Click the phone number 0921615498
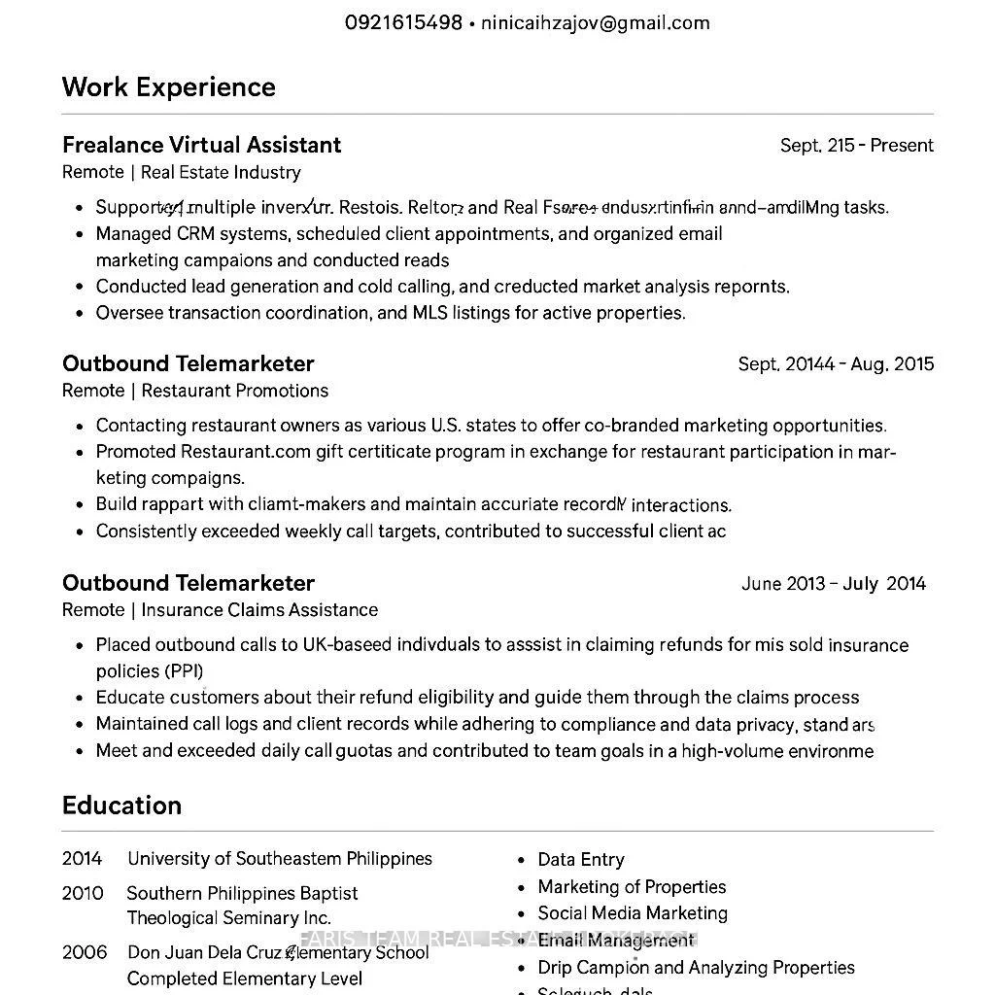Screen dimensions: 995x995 pyautogui.click(x=403, y=22)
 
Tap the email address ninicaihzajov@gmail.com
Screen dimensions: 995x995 pyautogui.click(x=595, y=22)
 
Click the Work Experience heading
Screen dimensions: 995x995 pyautogui.click(x=169, y=87)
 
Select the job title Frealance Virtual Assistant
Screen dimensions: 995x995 pyautogui.click(x=201, y=145)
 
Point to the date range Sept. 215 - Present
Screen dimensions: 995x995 pyautogui.click(x=856, y=146)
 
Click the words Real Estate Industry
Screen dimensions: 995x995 pyautogui.click(x=221, y=172)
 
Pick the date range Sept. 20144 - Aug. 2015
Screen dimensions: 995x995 pyautogui.click(x=836, y=364)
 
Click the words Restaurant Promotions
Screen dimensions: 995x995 pyautogui.click(x=234, y=391)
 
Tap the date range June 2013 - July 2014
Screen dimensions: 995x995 pyautogui.click(x=833, y=584)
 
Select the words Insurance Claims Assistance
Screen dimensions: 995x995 pyautogui.click(x=259, y=610)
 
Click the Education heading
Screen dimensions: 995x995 pyautogui.click(x=121, y=806)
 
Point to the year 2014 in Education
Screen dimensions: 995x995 pyautogui.click(x=82, y=859)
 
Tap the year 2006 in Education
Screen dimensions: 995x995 pyautogui.click(x=84, y=952)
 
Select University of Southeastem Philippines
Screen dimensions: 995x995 pyautogui.click(x=280, y=859)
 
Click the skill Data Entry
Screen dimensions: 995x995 pyautogui.click(x=581, y=860)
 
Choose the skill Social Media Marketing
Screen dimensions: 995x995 pyautogui.click(x=633, y=913)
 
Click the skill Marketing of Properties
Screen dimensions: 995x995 pyautogui.click(x=632, y=887)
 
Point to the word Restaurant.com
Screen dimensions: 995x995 pyautogui.click(x=246, y=452)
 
